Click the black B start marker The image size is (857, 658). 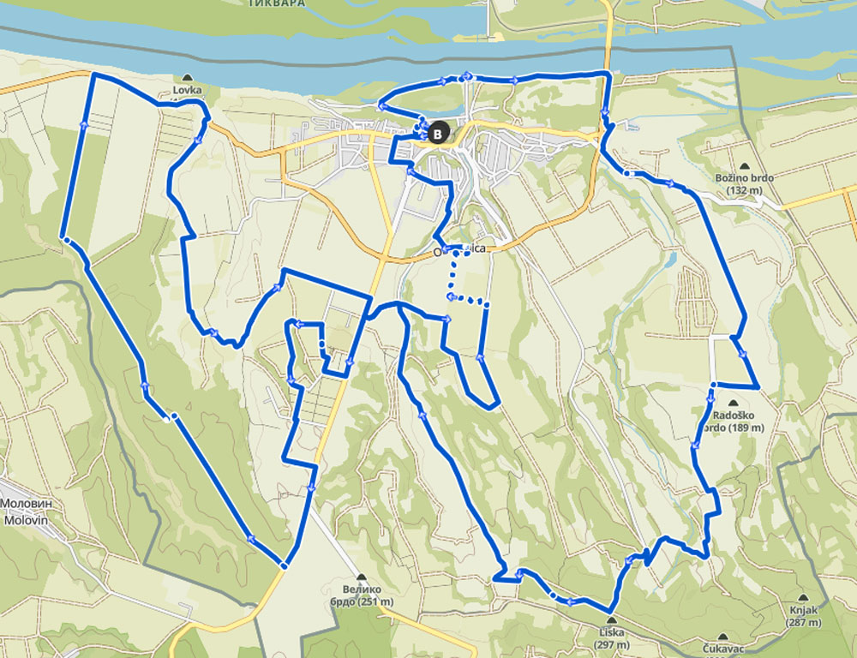(x=439, y=133)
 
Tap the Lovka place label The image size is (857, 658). (x=187, y=88)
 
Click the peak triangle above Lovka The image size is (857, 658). (x=187, y=76)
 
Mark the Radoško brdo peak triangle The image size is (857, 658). (x=734, y=402)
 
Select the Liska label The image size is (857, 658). (x=612, y=632)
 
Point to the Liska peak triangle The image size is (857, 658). (x=611, y=620)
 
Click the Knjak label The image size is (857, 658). (x=802, y=611)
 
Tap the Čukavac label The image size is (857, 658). (x=722, y=649)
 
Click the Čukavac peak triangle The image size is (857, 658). (x=722, y=637)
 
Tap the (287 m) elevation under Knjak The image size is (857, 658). (x=802, y=623)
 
